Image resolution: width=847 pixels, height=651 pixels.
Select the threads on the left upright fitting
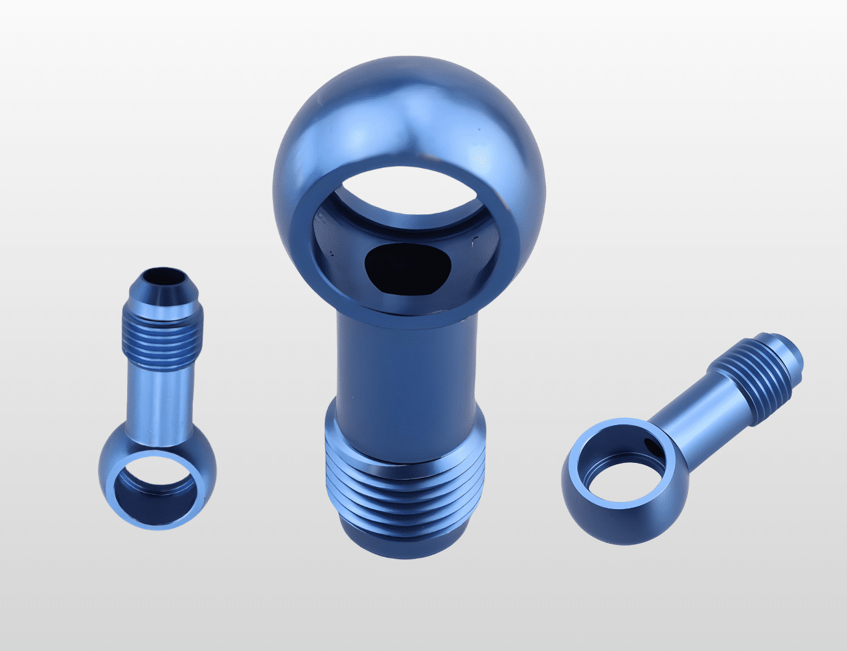162,329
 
